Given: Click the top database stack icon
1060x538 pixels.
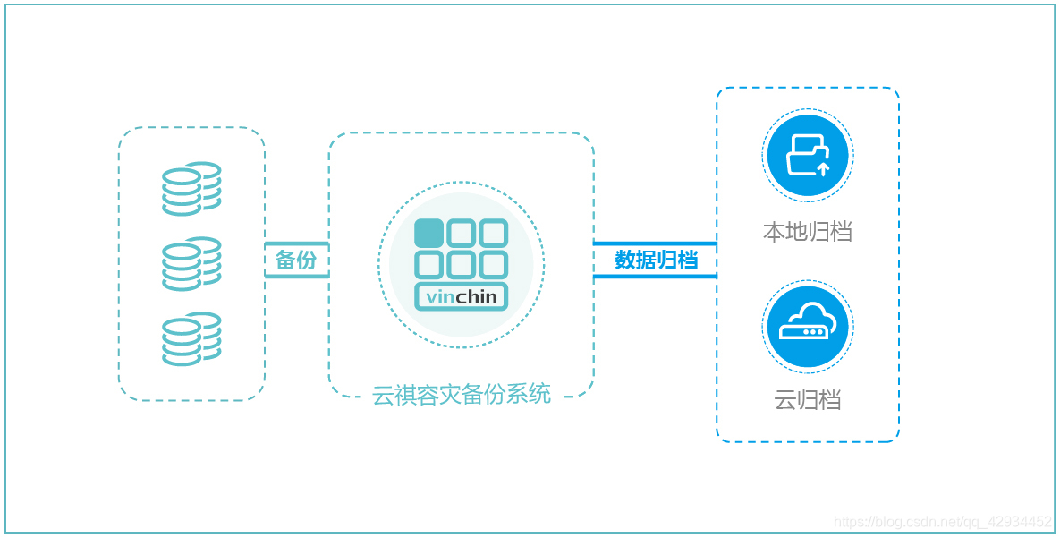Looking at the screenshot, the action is (191, 188).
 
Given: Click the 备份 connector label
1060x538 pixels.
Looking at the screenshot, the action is (296, 260).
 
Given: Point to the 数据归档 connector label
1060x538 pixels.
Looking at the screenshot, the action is (656, 260).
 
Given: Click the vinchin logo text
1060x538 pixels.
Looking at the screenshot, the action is (462, 297).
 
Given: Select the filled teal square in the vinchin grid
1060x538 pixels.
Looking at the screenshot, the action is (429, 233).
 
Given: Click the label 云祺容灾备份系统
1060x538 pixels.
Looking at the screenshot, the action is (462, 394).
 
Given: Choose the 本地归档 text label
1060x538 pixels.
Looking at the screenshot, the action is (807, 233).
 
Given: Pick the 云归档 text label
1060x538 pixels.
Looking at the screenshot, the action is (807, 400).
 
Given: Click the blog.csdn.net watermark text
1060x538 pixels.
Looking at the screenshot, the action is (942, 521).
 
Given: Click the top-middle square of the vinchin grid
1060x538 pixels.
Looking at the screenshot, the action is (462, 233).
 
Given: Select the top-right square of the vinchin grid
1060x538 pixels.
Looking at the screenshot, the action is (493, 233).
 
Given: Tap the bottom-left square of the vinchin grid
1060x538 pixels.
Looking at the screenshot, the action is (429, 264).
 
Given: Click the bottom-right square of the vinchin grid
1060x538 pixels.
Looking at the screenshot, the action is (493, 264).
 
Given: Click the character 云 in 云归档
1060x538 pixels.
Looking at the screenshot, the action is (784, 400).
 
